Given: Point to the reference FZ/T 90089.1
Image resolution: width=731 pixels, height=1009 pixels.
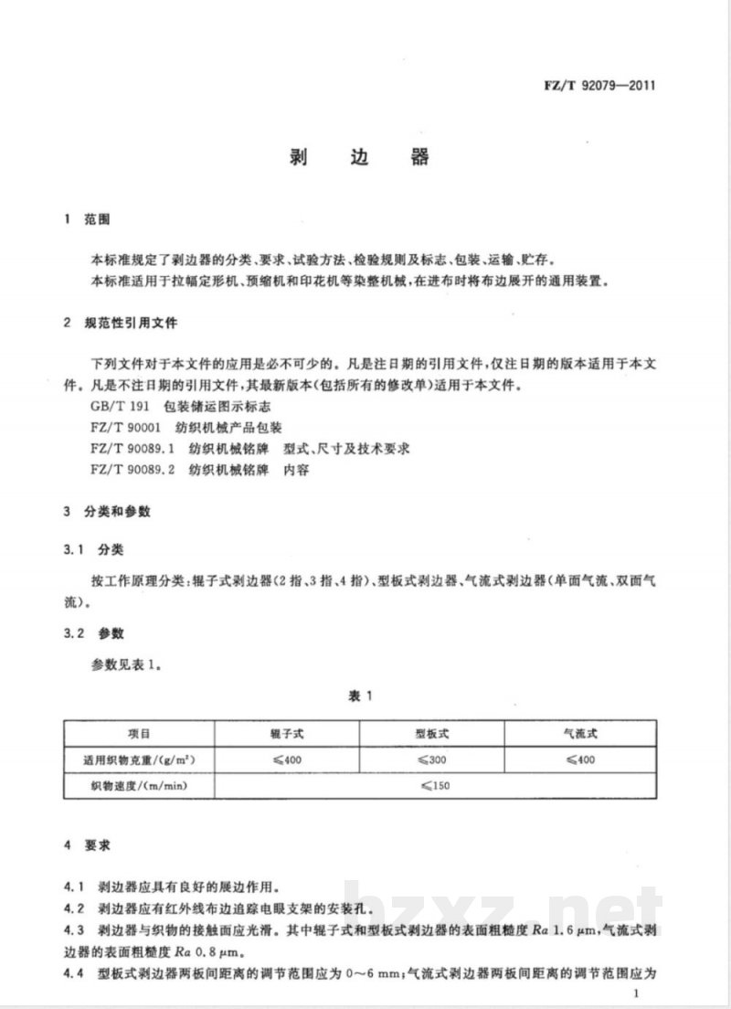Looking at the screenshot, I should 126,449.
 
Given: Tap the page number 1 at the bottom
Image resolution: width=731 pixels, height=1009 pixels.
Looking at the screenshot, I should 648,992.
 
